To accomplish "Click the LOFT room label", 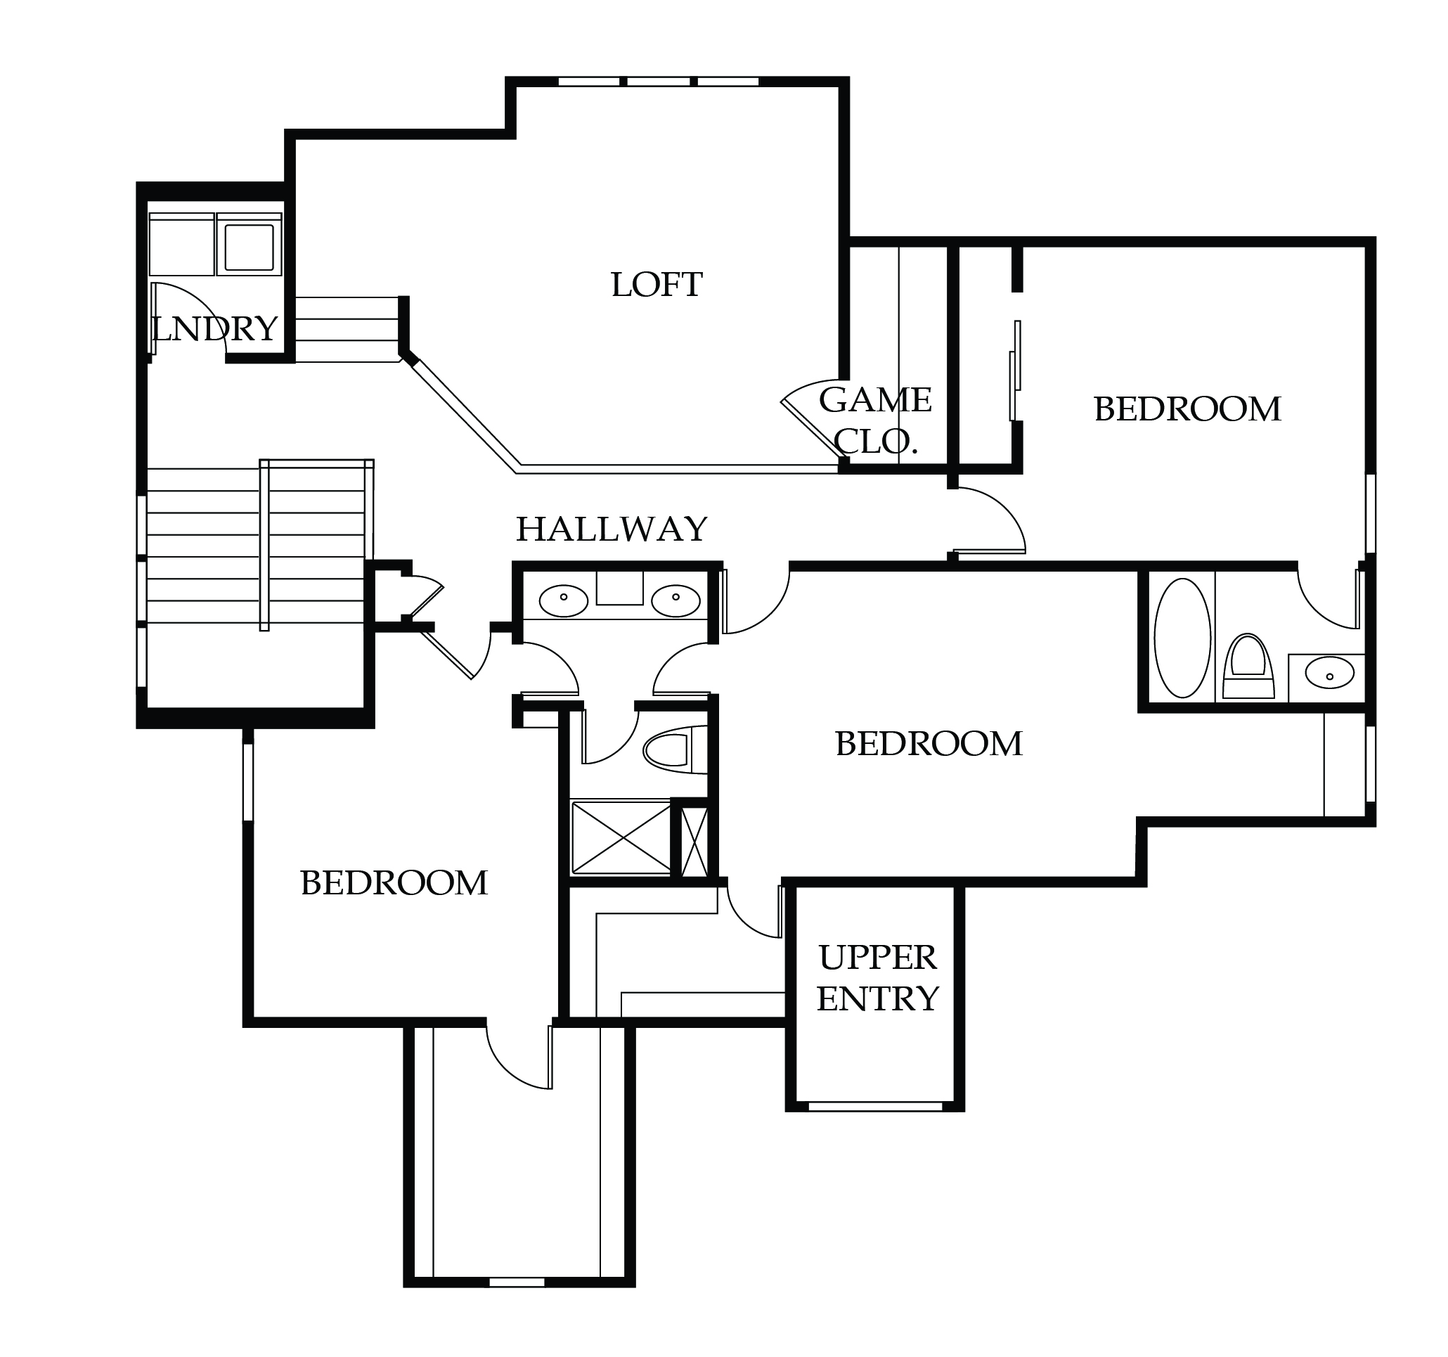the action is coord(657,285).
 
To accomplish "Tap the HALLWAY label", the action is coord(612,529).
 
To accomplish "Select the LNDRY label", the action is coord(216,329).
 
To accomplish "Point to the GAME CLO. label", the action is coord(876,420).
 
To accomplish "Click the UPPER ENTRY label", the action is coord(878,978).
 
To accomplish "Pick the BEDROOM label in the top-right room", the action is coord(1187,409).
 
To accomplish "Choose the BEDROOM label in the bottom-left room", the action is coord(394,884).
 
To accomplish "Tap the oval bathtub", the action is coord(1182,638).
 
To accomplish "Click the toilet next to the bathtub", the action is coord(1248,667).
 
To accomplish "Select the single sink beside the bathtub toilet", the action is coord(1329,674).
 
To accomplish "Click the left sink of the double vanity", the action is coord(563,602).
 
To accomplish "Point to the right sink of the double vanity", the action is coord(675,602).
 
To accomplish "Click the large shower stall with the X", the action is coord(621,837).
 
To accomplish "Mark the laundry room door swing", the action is coord(188,318).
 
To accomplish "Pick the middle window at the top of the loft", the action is coord(659,82).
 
